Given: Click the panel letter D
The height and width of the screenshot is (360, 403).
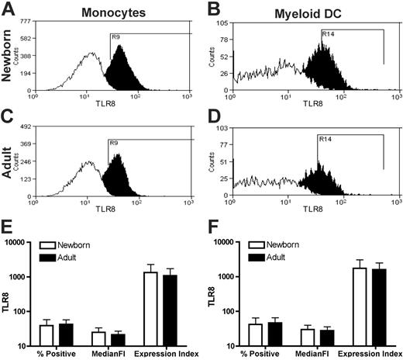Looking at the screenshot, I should click(x=211, y=119).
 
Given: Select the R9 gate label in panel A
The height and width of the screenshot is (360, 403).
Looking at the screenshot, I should click(x=115, y=36).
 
